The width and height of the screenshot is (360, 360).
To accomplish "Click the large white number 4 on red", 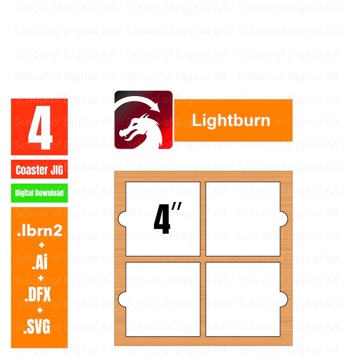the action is (40, 128).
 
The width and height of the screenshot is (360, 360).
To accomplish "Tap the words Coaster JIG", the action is (39, 170).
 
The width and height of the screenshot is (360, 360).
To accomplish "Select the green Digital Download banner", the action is (39, 193).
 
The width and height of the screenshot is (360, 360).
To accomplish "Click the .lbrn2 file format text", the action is (40, 231).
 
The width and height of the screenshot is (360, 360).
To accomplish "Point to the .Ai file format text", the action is (40, 262).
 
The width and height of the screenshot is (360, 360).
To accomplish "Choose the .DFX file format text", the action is (38, 294).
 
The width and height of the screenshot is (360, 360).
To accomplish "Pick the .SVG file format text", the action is (37, 326).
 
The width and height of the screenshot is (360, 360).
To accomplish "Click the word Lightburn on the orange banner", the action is (231, 120).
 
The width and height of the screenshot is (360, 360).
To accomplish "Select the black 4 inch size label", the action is (167, 218).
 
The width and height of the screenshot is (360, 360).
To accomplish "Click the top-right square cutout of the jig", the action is (243, 219).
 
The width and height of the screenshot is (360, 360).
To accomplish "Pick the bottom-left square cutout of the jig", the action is (163, 299).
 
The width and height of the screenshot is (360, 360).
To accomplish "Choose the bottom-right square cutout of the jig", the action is (243, 299).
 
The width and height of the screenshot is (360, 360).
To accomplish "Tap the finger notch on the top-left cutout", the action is (122, 219).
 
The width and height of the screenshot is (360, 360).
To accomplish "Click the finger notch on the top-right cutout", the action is (284, 219).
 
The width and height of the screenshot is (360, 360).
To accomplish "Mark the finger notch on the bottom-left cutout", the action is (122, 299).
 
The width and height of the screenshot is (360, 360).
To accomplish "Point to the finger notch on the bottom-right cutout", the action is (284, 299).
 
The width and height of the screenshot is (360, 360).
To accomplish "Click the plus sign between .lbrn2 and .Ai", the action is (42, 245).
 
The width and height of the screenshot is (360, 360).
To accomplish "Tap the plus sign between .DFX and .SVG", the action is (40, 310).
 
